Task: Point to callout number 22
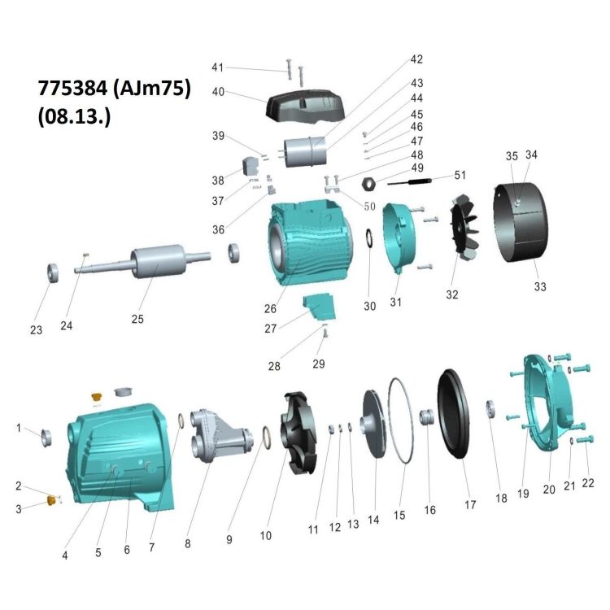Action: click(587, 483)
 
